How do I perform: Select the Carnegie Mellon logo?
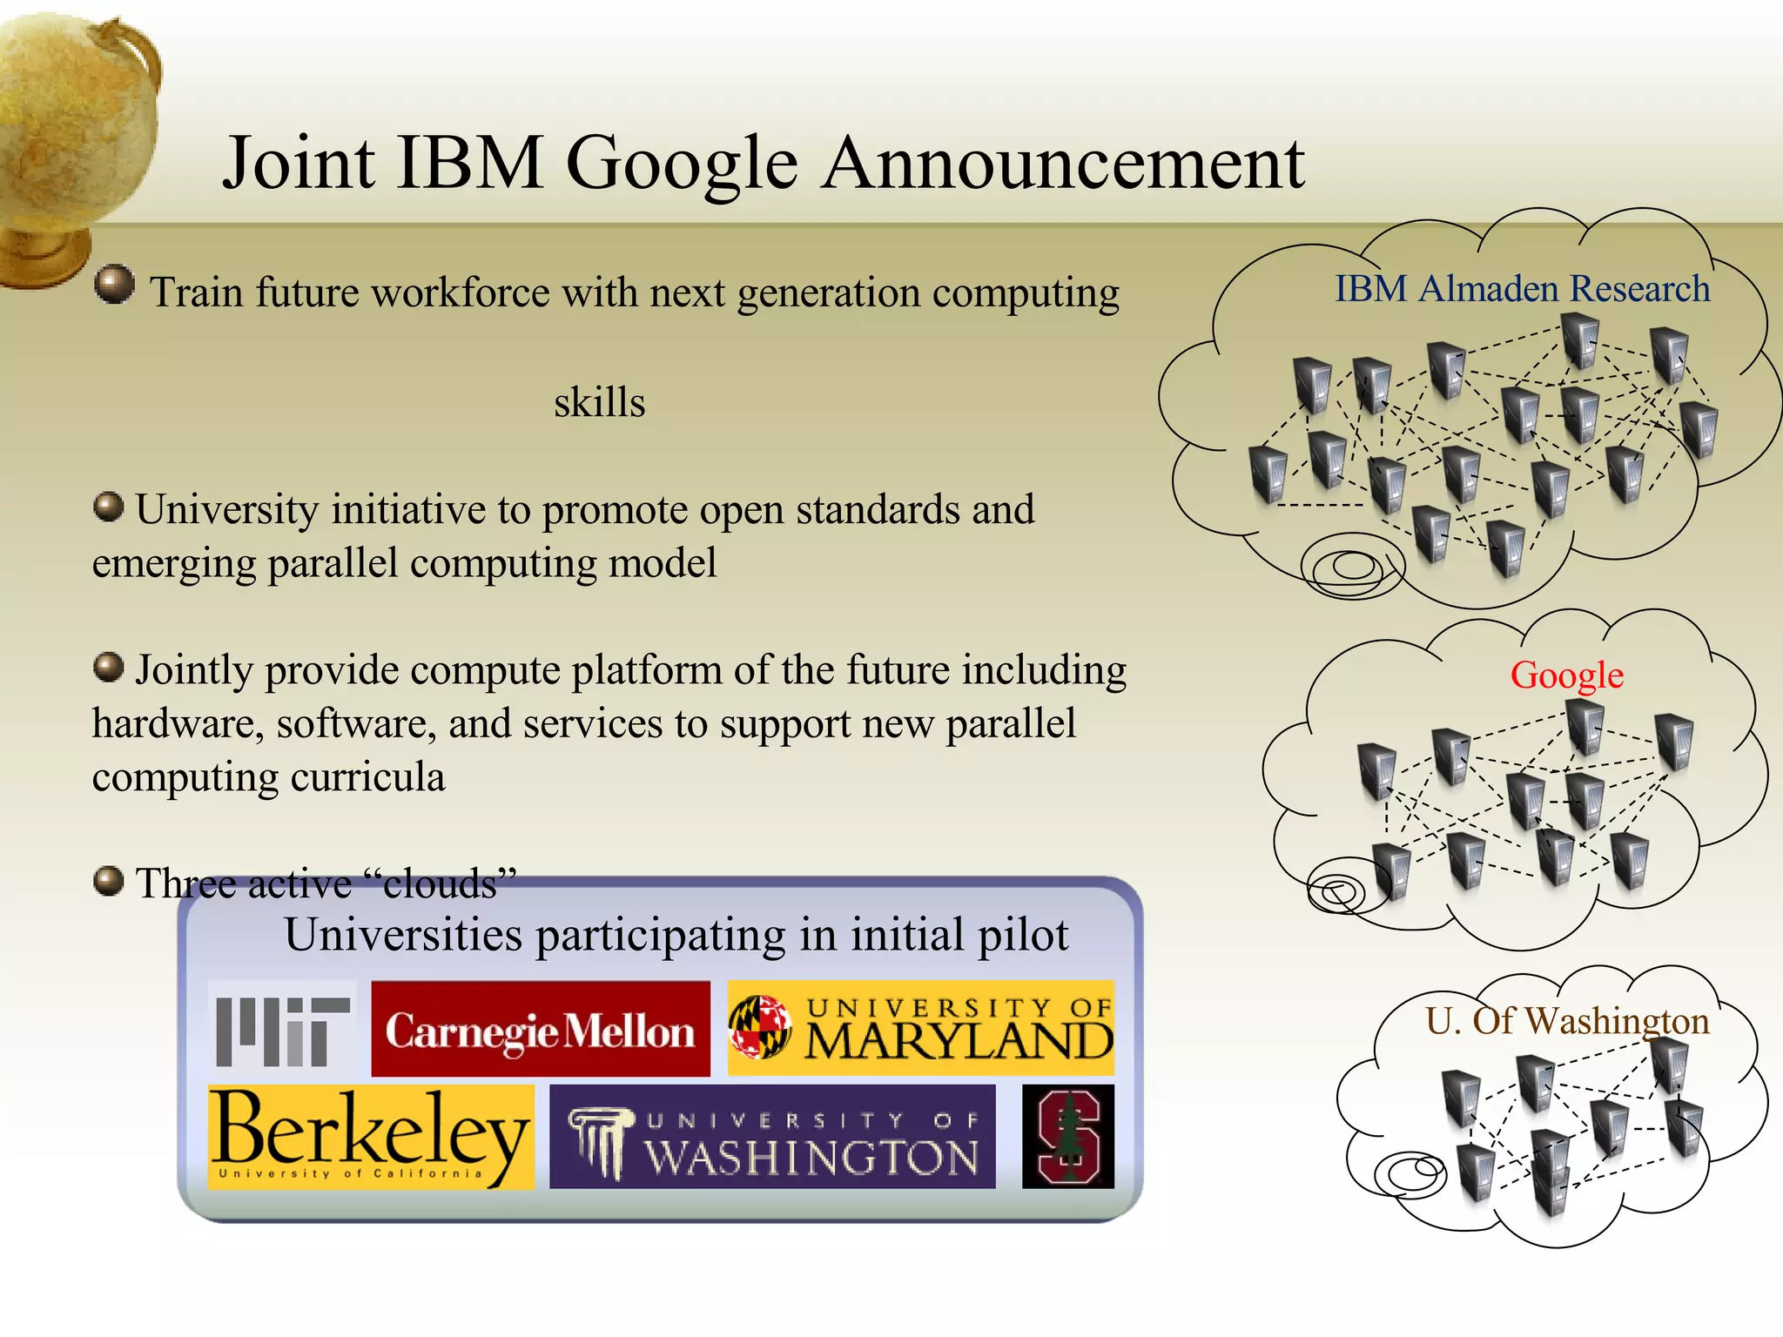point(541,1030)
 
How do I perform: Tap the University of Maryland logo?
point(921,1030)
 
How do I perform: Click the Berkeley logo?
point(371,1137)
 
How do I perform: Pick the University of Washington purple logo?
point(772,1137)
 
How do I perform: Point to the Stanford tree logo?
point(1068,1137)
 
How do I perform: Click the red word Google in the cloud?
point(1566,675)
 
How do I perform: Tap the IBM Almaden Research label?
point(1522,289)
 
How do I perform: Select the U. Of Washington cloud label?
point(1567,1021)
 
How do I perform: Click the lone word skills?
point(600,403)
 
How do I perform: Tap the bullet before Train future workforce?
point(114,285)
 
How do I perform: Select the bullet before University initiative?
point(108,507)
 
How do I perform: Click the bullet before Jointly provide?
point(108,668)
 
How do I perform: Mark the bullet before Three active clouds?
point(108,881)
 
